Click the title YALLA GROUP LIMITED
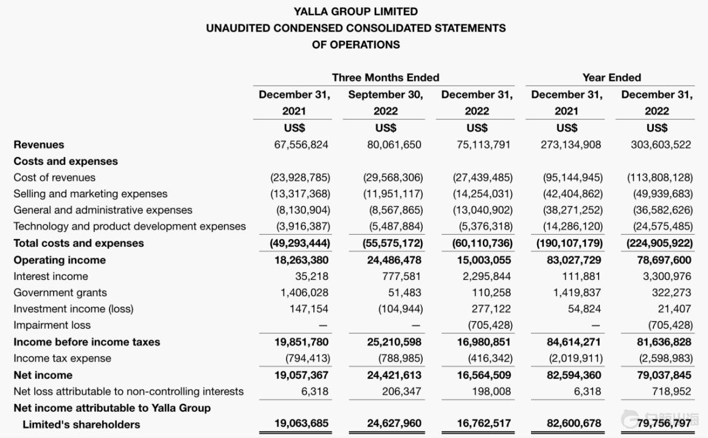point(356,12)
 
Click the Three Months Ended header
point(385,77)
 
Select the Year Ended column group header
point(611,77)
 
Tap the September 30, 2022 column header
point(386,103)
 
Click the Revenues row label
point(39,145)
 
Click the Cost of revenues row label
point(55,178)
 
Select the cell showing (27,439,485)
point(482,178)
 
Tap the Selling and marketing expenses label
point(91,194)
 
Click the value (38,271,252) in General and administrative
point(572,210)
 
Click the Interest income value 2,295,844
point(484,276)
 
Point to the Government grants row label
point(60,293)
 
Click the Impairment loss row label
point(52,325)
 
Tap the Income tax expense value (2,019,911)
point(572,358)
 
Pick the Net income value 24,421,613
point(394,375)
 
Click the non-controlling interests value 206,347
point(401,391)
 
